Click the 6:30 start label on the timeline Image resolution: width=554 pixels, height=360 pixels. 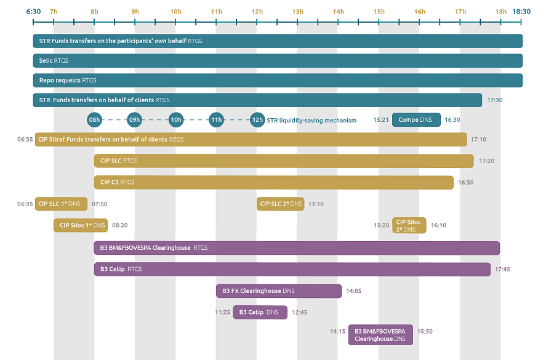click(x=34, y=11)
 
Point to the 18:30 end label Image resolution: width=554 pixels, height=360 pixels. click(x=521, y=11)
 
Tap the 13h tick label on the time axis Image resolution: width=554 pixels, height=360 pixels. click(x=297, y=12)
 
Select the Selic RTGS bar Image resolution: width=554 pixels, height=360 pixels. click(x=278, y=60)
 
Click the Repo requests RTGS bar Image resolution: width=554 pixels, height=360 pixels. click(x=278, y=80)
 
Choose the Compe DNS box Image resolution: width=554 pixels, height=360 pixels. click(x=416, y=120)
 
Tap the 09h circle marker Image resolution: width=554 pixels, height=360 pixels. click(x=134, y=120)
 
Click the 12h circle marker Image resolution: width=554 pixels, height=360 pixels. click(x=257, y=120)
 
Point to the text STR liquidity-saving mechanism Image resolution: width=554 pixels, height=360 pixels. click(x=311, y=121)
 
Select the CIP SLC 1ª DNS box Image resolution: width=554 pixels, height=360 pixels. click(x=61, y=204)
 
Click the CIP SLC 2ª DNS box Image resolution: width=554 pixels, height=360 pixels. click(x=281, y=204)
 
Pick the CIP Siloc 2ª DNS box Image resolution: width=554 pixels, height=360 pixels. click(x=409, y=225)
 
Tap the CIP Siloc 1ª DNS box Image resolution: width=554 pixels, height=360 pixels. click(x=81, y=225)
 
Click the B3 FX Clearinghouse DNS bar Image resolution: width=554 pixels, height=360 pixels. click(x=279, y=291)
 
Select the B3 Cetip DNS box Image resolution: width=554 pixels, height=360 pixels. click(x=260, y=312)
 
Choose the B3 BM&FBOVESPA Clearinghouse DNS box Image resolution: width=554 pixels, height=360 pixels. click(x=380, y=335)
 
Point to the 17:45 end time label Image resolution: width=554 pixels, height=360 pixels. click(x=502, y=270)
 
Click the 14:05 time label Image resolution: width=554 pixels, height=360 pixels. click(x=354, y=291)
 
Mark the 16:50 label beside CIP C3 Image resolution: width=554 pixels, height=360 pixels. click(x=466, y=183)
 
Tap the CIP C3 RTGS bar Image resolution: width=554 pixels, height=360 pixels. click(x=274, y=182)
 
